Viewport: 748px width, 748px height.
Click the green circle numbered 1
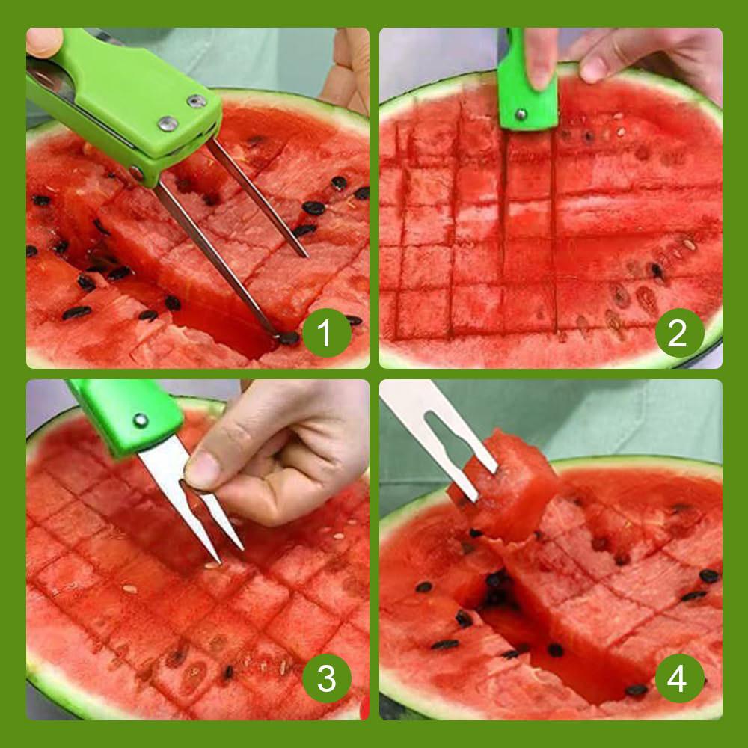[x=327, y=333]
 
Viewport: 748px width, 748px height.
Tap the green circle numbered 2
[x=679, y=333]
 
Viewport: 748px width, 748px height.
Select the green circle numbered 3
[x=327, y=678]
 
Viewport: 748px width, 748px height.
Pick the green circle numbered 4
[x=679, y=678]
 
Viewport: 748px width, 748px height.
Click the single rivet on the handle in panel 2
[x=521, y=114]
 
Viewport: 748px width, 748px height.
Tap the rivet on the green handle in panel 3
[x=140, y=420]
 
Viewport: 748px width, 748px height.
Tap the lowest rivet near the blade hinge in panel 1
[x=137, y=174]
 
